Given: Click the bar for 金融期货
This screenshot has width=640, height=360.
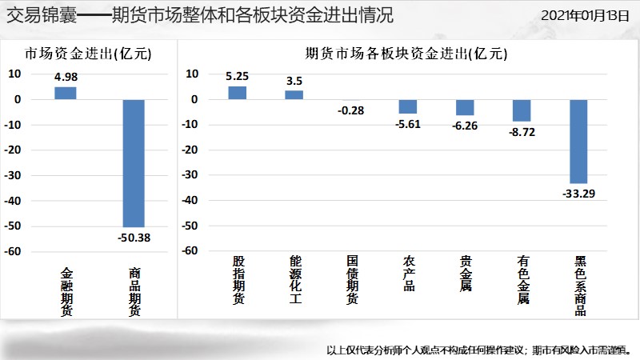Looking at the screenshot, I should tap(66, 93).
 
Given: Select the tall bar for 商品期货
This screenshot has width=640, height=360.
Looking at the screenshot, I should tap(134, 163).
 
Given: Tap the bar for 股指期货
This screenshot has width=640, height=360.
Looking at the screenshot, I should tap(238, 93).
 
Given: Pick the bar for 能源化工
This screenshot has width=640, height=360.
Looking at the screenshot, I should tap(294, 94).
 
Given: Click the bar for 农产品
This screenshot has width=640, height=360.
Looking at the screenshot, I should tap(408, 106).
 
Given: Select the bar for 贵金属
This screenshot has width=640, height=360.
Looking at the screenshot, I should tap(465, 107).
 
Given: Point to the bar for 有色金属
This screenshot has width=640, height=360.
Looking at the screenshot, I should tap(522, 110).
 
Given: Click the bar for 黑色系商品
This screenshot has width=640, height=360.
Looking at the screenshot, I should tap(578, 142).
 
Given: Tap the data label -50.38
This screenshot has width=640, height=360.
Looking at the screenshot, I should tap(134, 238).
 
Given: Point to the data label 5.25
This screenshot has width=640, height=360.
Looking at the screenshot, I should tap(238, 77).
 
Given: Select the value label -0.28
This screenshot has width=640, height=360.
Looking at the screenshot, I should tap(350, 110).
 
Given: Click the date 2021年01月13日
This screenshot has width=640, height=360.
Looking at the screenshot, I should tap(586, 15).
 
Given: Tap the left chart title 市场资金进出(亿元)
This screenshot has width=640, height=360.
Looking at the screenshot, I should tap(88, 54).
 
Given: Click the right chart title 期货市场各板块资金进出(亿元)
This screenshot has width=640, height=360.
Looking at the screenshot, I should tap(406, 54).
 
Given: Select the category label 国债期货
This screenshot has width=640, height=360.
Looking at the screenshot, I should tap(352, 280).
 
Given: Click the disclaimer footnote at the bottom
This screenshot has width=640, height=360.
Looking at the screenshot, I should tap(479, 349).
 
